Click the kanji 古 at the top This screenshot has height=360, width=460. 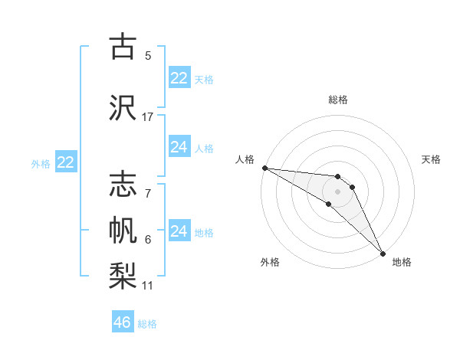pyautogui.click(x=123, y=47)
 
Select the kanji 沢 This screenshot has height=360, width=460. pyautogui.click(x=123, y=108)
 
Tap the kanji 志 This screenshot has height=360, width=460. pyautogui.click(x=123, y=184)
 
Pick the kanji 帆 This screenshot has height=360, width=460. pyautogui.click(x=123, y=230)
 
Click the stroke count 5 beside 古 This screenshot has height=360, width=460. pyautogui.click(x=148, y=55)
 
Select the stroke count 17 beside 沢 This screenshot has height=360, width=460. pyautogui.click(x=148, y=117)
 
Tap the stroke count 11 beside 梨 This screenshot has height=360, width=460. pyautogui.click(x=148, y=286)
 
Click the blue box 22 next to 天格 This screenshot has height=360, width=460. pyautogui.click(x=179, y=78)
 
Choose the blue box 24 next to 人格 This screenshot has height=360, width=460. pyautogui.click(x=179, y=147)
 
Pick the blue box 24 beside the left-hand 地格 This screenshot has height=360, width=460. pyautogui.click(x=179, y=231)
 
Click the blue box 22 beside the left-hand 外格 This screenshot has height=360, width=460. pyautogui.click(x=65, y=162)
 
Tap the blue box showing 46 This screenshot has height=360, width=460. pyautogui.click(x=123, y=322)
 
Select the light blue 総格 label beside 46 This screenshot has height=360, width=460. pyautogui.click(x=147, y=324)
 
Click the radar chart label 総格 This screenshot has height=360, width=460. pyautogui.click(x=338, y=100)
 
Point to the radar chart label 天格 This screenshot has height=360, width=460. pyautogui.click(x=432, y=159)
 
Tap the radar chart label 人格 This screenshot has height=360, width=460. pyautogui.click(x=245, y=159)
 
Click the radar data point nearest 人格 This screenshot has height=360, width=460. pyautogui.click(x=264, y=168)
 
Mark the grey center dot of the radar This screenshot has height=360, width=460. pyautogui.click(x=338, y=191)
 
